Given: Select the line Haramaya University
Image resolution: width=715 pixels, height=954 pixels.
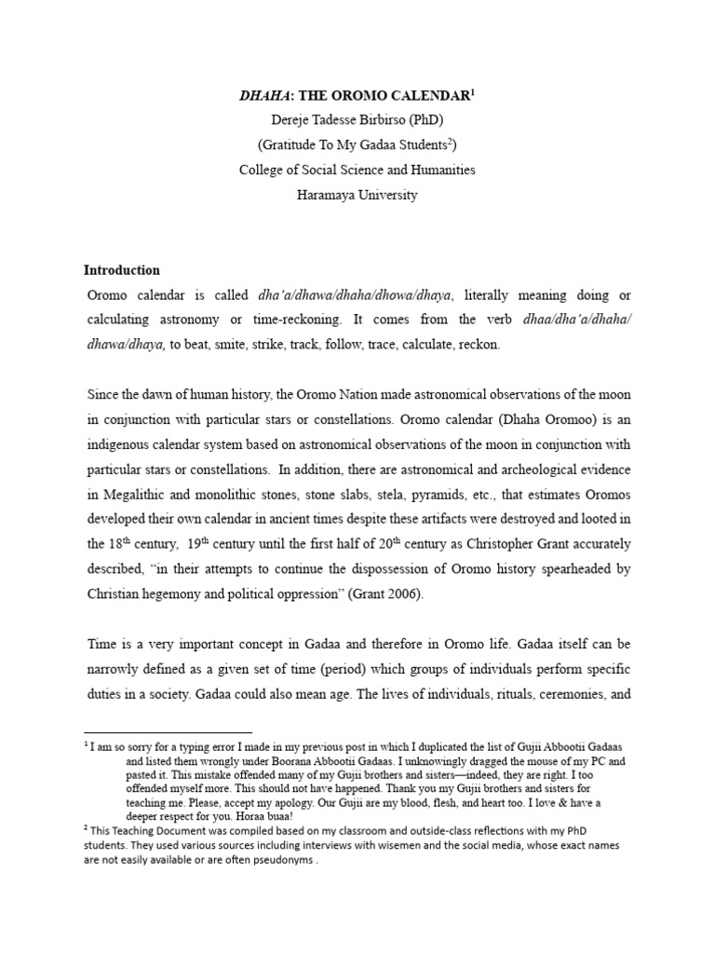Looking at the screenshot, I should click(x=357, y=196).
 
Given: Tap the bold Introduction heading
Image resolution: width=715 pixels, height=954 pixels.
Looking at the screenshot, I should click(x=122, y=270).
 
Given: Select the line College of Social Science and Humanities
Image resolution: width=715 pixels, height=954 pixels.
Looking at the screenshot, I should click(x=357, y=170).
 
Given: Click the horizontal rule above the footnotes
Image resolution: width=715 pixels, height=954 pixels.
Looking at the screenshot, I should click(x=168, y=732).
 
